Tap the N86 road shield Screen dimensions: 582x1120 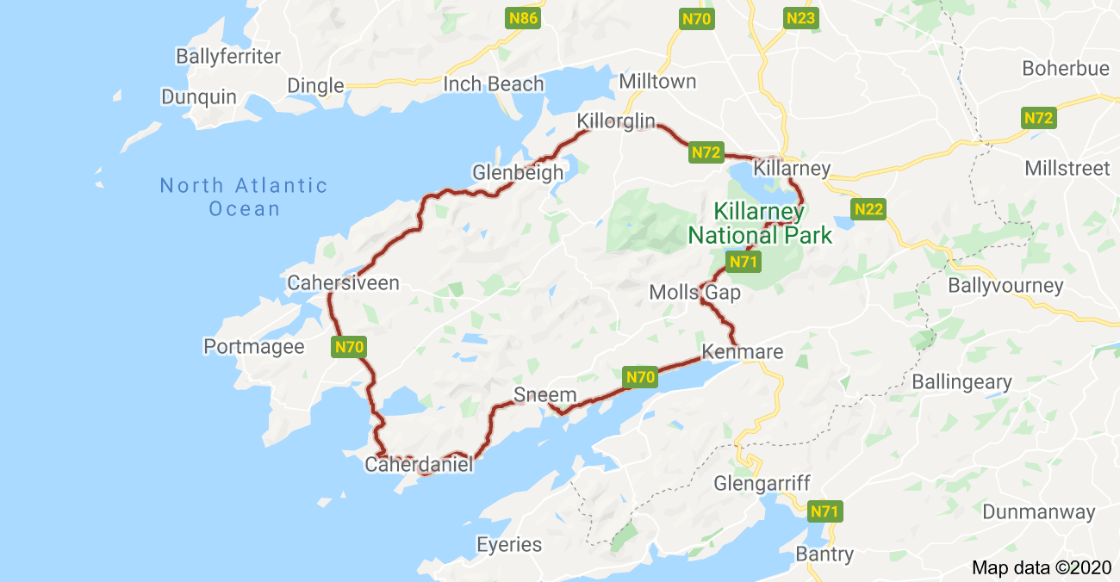[523, 18]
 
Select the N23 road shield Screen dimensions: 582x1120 [800, 18]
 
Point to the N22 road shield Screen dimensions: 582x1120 [868, 209]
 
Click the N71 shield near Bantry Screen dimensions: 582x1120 [824, 512]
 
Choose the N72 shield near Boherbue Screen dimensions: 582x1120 [1039, 119]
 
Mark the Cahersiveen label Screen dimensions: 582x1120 [343, 282]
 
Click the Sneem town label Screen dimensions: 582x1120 [544, 395]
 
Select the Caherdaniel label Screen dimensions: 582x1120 [420, 465]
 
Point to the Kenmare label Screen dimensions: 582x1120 [743, 352]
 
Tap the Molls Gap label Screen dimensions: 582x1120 [694, 294]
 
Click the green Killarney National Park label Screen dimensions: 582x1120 [760, 223]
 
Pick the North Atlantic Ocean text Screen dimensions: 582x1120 [244, 197]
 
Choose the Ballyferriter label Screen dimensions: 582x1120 [228, 57]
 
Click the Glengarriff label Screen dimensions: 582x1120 [762, 484]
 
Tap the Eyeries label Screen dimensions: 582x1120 [509, 545]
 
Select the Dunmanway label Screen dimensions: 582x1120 [1039, 512]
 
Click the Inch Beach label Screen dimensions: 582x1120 [494, 84]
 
